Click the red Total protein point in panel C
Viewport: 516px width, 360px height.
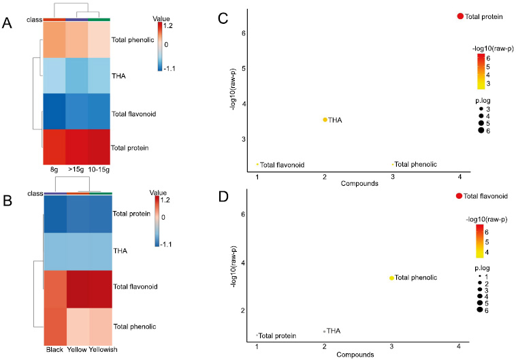[459, 16]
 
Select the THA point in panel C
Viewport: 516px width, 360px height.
[325, 120]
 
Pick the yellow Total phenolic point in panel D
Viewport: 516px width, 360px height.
[391, 278]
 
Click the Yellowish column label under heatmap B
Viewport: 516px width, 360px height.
[100, 353]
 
